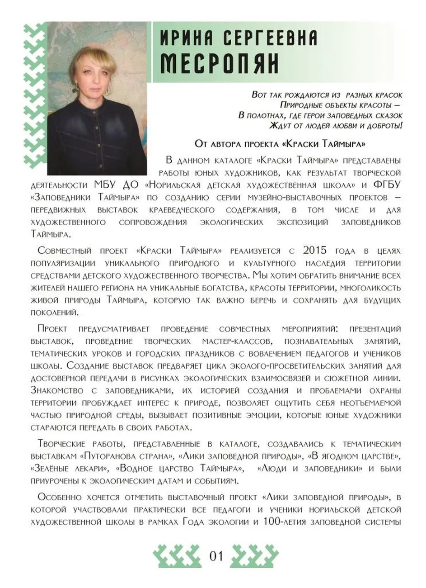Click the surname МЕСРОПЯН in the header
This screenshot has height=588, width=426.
pos(220,65)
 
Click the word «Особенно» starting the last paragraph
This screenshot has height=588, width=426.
pos(61,497)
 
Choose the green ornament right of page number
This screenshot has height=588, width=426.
pos(254,556)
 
